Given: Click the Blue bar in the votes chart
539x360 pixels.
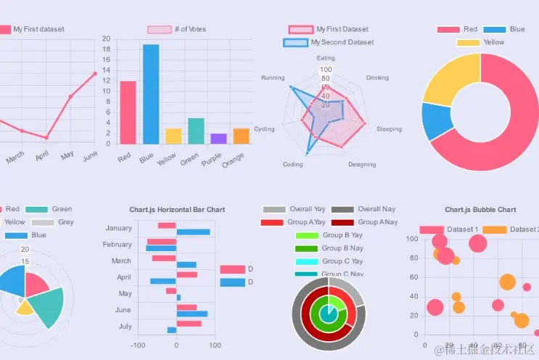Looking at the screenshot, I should click(x=151, y=94).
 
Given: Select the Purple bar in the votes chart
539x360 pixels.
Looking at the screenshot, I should click(x=218, y=139).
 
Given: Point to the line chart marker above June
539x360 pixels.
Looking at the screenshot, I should click(x=95, y=73).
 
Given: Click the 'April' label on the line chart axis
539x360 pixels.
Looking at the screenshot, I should click(x=42, y=155).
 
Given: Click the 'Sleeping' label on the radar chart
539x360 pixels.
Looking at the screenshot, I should click(x=389, y=129).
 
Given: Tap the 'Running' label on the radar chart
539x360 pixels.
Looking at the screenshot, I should click(x=273, y=78).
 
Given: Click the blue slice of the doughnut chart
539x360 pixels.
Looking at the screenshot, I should click(x=437, y=121).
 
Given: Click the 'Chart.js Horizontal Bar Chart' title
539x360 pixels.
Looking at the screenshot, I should click(x=177, y=210).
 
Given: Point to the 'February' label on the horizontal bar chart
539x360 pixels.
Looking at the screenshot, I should click(x=118, y=245).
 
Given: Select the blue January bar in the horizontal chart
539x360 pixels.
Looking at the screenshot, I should click(x=193, y=232).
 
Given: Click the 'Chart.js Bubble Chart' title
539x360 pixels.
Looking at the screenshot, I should click(x=480, y=210).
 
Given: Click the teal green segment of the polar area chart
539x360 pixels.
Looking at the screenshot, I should click(x=47, y=305).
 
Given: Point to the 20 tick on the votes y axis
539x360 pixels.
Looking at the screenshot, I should click(x=106, y=38).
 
